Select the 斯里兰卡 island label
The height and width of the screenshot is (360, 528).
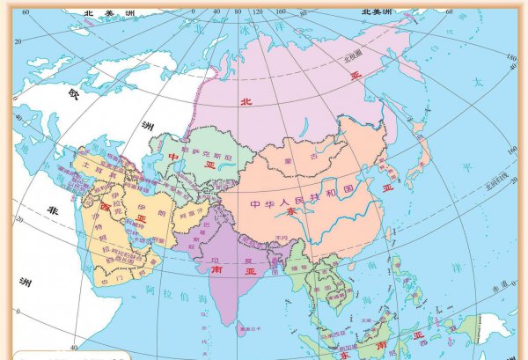click(x=237, y=332)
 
